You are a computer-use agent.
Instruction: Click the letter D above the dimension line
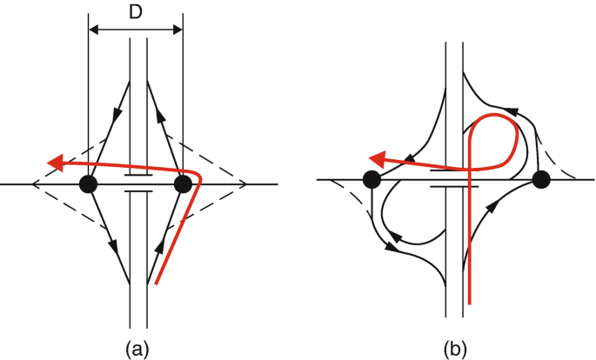coord(136,12)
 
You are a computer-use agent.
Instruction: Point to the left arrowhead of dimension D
coord(94,30)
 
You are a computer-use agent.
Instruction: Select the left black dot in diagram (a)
coord(88,183)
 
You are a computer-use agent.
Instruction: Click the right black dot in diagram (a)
coord(183,183)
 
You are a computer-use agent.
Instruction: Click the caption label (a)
coord(135,348)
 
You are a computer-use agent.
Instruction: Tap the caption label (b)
coord(455,348)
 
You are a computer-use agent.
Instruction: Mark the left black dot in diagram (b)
coord(372,180)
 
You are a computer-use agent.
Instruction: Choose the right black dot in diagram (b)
coord(541,180)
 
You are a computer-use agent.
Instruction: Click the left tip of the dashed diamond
coord(32,184)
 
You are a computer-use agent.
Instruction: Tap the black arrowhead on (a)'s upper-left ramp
coord(117,113)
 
